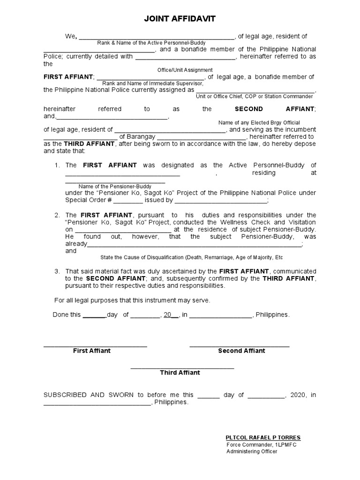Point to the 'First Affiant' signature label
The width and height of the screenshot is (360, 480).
pos(92,351)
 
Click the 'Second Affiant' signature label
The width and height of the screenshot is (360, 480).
pos(241,351)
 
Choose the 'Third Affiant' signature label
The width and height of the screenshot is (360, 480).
pos(180,373)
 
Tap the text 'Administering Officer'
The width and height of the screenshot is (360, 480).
pos(252,451)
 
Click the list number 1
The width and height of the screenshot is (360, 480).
pos(57,165)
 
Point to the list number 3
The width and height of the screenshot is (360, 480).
pos(57,271)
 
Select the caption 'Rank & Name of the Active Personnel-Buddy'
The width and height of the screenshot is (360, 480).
pos(151,43)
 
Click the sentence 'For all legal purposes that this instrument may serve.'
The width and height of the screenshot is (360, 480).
pos(132,300)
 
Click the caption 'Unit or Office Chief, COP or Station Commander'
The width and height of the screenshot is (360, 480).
pos(254,96)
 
